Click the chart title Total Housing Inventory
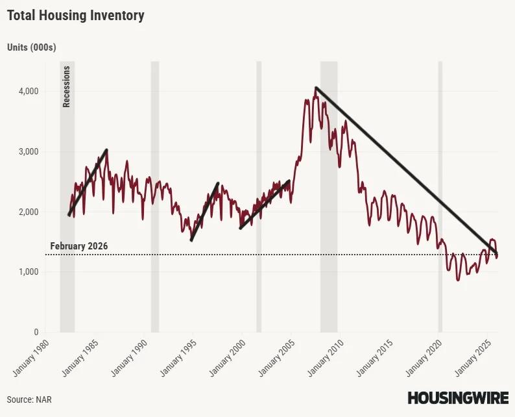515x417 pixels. click(x=76, y=16)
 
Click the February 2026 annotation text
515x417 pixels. click(x=78, y=247)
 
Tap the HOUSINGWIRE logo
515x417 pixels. click(x=458, y=398)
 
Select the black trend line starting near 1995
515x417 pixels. click(x=204, y=212)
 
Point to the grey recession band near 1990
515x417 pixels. click(x=155, y=195)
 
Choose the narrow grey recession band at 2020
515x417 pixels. click(x=440, y=195)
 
